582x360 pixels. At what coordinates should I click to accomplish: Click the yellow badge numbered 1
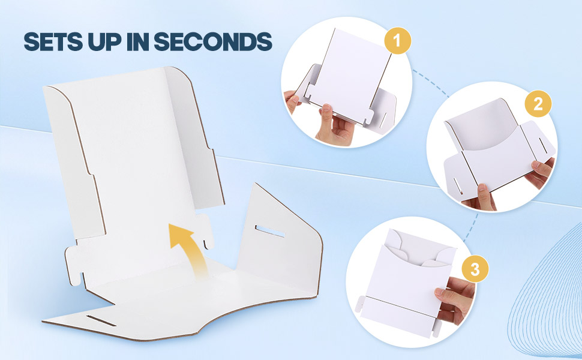click(x=398, y=40)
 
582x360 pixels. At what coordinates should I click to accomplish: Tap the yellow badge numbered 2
click(x=538, y=104)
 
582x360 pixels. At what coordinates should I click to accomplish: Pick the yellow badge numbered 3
click(x=475, y=269)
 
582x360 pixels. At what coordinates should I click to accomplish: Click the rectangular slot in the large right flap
click(x=270, y=231)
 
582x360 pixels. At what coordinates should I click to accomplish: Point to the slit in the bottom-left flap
click(x=101, y=321)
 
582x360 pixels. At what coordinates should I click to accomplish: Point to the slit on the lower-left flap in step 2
click(x=457, y=185)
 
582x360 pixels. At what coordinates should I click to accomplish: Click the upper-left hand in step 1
click(x=292, y=101)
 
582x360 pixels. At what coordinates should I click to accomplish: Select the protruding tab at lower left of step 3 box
click(x=359, y=304)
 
